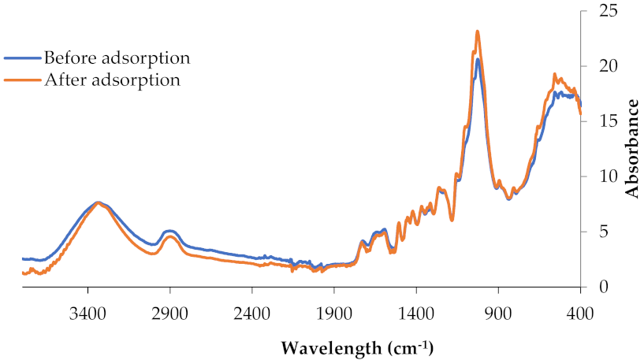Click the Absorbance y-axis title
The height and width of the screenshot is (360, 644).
631,150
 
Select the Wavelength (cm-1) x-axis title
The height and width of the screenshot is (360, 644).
357,347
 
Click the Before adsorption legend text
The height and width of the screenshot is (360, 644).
117,58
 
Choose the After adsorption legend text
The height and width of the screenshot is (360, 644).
112,80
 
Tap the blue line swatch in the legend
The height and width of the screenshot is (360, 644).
22,58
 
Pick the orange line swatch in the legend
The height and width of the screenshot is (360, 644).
22,80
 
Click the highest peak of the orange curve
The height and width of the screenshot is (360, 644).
478,32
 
